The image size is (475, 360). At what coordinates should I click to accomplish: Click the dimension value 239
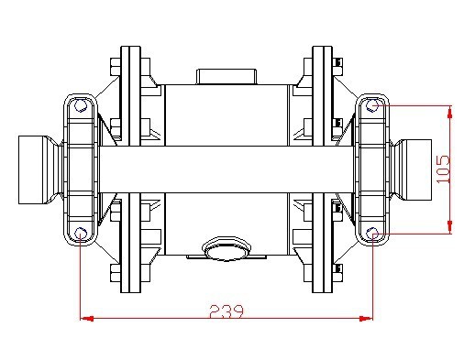pyautogui.click(x=226, y=311)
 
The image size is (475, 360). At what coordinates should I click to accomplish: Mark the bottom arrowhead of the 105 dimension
pyautogui.click(x=450, y=229)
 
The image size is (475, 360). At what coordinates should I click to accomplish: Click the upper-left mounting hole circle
pyautogui.click(x=81, y=107)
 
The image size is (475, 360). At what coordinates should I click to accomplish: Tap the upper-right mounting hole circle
pyautogui.click(x=374, y=107)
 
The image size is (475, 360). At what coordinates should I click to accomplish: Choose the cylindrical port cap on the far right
pyautogui.click(x=417, y=170)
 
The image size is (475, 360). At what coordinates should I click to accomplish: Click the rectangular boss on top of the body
pyautogui.click(x=226, y=76)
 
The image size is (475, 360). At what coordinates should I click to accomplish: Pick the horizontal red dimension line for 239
pyautogui.click(x=156, y=319)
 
